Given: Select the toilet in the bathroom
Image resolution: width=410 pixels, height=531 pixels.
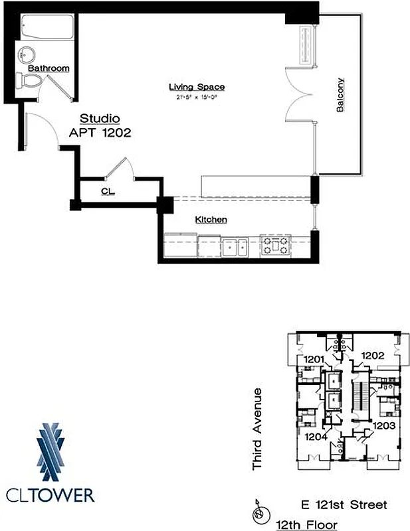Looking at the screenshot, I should pos(31,80).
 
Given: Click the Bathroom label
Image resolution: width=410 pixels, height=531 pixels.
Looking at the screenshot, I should pos(49,68).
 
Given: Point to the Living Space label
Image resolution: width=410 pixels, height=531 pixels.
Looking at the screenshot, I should pos(196,87).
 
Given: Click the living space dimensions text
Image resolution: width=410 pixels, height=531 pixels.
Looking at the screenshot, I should pos(196,98).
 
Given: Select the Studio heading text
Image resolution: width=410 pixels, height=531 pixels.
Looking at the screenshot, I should pos(100,119).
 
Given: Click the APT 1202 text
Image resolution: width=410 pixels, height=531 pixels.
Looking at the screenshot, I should pos(100,132).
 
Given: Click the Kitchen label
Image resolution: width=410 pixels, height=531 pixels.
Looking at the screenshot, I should pos(211,220).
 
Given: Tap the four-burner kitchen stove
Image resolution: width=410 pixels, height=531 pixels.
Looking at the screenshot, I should pos(274,246).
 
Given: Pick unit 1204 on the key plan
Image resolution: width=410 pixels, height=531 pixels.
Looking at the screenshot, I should pos(316,436).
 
